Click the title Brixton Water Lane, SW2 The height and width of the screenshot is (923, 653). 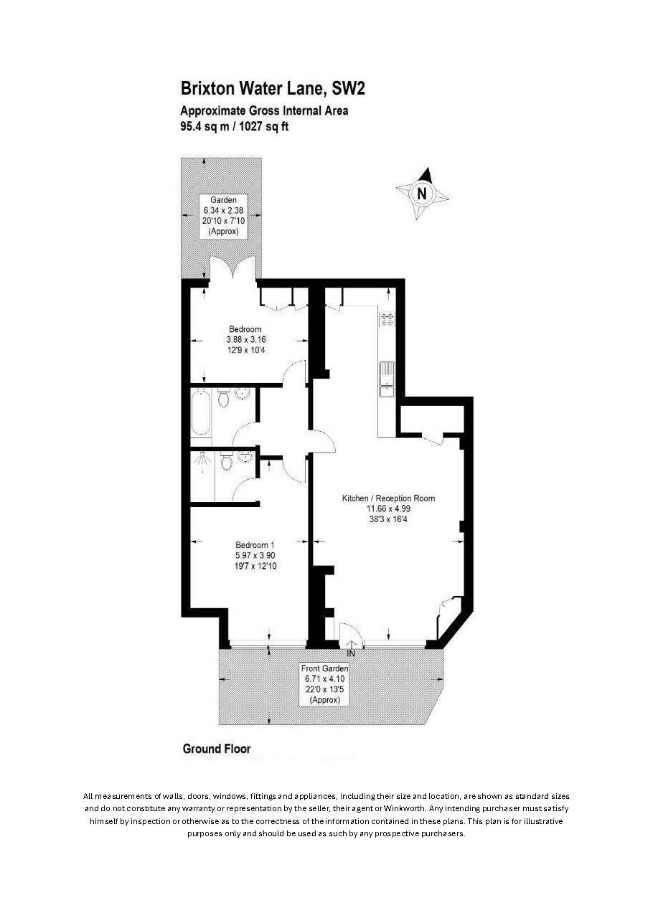click(x=273, y=89)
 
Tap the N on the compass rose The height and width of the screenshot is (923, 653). click(x=421, y=193)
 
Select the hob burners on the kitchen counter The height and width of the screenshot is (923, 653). click(x=387, y=319)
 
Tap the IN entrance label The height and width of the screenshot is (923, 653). click(x=351, y=653)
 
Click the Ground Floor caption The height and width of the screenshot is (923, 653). click(x=217, y=748)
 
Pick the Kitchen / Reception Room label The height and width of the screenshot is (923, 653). click(x=388, y=498)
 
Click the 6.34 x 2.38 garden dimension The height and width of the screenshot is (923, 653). click(x=223, y=210)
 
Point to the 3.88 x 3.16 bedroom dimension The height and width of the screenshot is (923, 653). click(x=246, y=340)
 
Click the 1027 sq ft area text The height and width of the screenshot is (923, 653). click(x=263, y=126)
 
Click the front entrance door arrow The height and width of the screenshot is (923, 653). click(x=351, y=643)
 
